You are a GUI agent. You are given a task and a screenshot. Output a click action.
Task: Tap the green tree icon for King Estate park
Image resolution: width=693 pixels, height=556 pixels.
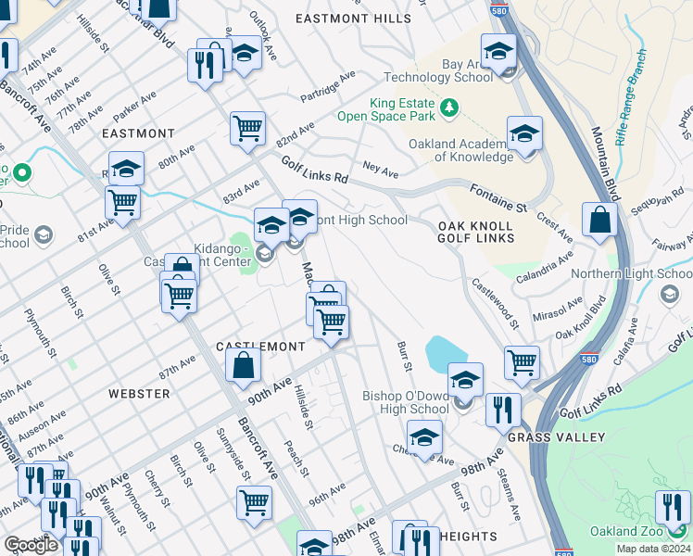pyautogui.click(x=450, y=108)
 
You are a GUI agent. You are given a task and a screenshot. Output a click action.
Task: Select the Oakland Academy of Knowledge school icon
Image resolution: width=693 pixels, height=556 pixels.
pyautogui.click(x=524, y=134)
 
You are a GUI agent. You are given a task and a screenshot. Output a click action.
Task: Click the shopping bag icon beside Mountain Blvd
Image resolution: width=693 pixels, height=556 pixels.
pyautogui.click(x=600, y=221)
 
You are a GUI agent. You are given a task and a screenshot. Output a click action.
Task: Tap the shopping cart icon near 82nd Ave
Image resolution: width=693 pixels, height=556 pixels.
pyautogui.click(x=247, y=128)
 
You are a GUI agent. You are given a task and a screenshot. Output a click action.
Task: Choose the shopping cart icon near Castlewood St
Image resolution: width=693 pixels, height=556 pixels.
pyautogui.click(x=523, y=363)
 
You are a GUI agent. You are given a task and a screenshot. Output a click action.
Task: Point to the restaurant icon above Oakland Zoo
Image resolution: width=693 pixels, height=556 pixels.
pyautogui.click(x=673, y=507)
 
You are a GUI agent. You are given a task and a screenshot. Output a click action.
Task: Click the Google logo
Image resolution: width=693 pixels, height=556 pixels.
pyautogui.click(x=31, y=545)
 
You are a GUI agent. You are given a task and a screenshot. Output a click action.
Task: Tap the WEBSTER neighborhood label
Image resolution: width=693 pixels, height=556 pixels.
pyautogui.click(x=139, y=394)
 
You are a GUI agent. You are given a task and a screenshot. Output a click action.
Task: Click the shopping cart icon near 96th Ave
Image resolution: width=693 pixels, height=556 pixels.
pyautogui.click(x=254, y=503)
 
